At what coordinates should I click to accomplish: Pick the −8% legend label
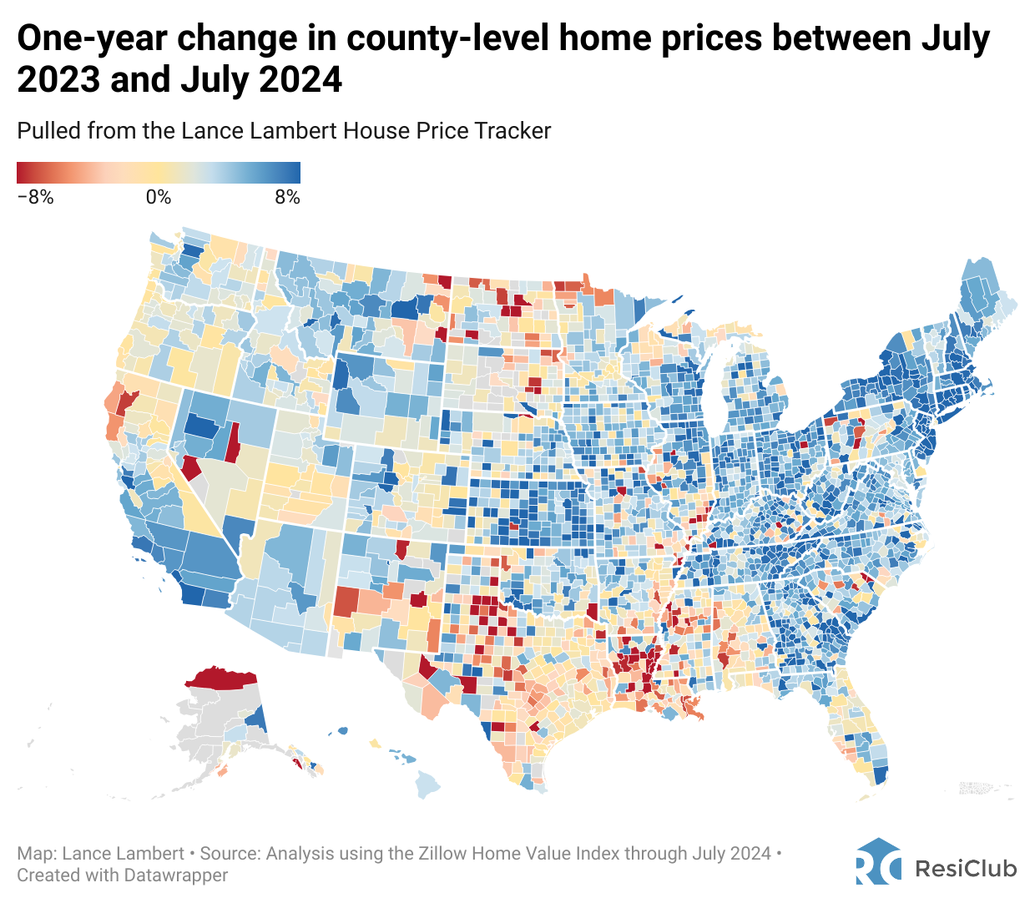click(x=35, y=198)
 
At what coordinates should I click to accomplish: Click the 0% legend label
click(x=159, y=198)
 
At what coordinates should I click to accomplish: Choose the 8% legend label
click(x=287, y=198)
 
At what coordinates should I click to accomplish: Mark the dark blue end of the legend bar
click(x=295, y=173)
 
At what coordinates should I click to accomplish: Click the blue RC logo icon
click(x=878, y=862)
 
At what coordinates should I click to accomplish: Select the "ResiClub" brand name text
click(x=967, y=869)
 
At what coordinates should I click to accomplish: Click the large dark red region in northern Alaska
click(x=221, y=678)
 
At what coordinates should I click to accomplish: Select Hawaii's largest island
click(x=427, y=784)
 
